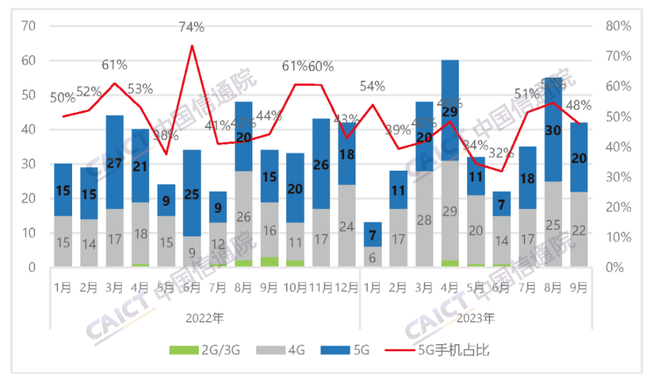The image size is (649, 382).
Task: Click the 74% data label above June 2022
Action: tap(191, 27)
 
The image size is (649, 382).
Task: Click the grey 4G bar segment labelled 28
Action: tap(425, 220)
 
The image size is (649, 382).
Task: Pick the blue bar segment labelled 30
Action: tap(553, 129)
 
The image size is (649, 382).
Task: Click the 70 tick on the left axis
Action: tap(29, 27)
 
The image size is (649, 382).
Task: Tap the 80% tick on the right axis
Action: tap(618, 27)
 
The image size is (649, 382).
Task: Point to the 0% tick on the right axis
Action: tap(615, 267)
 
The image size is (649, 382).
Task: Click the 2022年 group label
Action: tap(205, 318)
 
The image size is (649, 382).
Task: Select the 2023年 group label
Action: tap(476, 318)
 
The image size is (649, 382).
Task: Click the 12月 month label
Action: tap(347, 288)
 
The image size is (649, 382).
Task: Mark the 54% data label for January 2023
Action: tap(373, 86)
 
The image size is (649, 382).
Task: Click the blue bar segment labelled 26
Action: tap(321, 164)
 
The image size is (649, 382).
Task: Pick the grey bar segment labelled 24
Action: tap(347, 226)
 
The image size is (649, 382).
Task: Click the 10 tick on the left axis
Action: tap(29, 233)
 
